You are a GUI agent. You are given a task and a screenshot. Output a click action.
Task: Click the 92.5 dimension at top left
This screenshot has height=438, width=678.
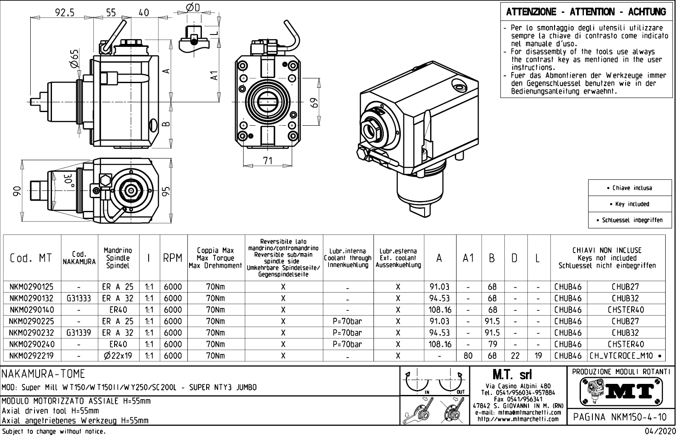65,12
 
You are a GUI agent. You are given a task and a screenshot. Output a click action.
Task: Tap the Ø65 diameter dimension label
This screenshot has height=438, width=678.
74,59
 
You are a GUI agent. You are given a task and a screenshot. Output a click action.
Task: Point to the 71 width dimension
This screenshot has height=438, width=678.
267,161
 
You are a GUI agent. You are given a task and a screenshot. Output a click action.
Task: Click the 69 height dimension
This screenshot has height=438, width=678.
314,104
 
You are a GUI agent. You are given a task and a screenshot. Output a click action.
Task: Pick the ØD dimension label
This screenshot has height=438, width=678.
193,7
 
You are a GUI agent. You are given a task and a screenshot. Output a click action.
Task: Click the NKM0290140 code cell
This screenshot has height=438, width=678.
32,310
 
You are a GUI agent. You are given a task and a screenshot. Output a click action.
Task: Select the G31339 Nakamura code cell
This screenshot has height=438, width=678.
79,333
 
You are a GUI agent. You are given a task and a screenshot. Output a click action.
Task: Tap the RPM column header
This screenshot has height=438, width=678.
173,258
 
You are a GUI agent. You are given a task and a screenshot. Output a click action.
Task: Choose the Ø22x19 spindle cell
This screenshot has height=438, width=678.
118,356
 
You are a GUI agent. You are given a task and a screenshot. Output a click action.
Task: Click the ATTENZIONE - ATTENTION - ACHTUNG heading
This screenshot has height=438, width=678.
586,12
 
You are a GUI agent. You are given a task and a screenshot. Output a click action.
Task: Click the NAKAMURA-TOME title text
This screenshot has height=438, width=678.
43,374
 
